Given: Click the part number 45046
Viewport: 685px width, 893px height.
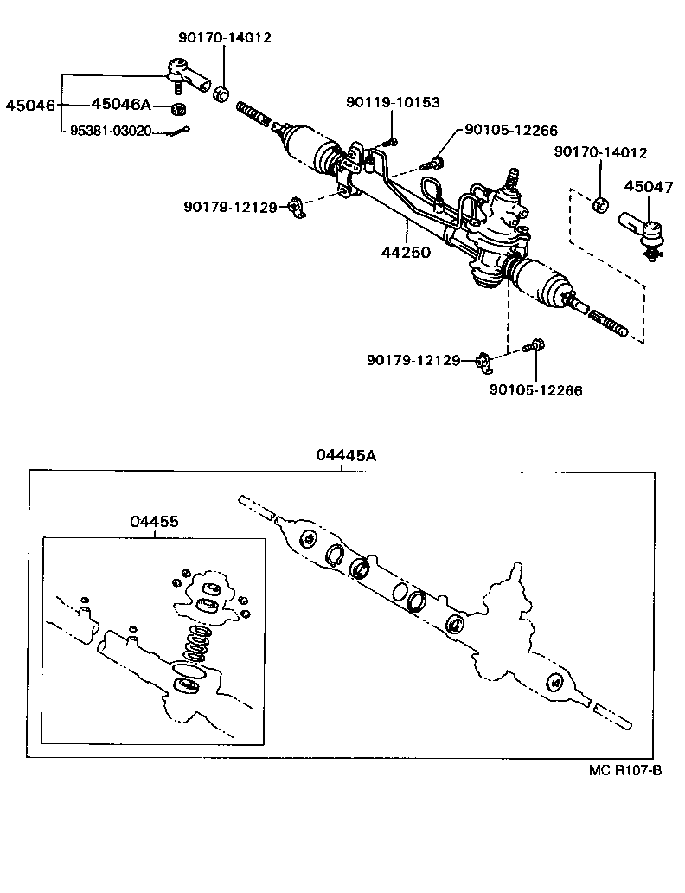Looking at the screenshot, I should [30, 106].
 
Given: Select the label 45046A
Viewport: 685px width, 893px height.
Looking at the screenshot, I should [121, 105].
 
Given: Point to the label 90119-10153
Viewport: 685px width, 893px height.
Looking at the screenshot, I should [393, 102].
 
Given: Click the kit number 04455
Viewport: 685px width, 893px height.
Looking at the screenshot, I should [155, 522].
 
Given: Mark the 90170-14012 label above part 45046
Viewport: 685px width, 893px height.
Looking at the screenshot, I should [225, 38].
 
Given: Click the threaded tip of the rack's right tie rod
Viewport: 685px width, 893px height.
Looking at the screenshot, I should [612, 327].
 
